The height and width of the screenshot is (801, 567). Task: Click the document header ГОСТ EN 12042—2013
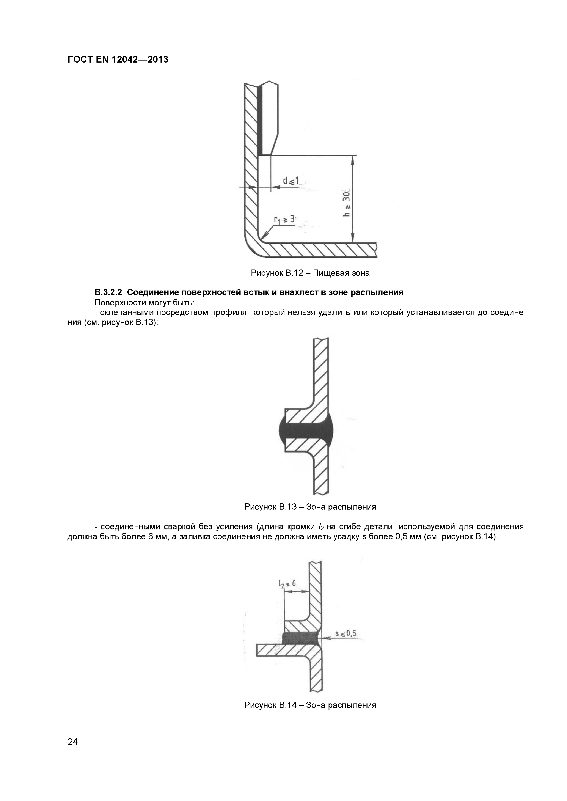118,60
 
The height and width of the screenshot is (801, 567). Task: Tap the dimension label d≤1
291,181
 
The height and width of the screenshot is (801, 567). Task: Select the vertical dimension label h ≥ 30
346,204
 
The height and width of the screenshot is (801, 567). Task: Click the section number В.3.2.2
109,292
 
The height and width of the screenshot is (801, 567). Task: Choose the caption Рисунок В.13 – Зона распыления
310,507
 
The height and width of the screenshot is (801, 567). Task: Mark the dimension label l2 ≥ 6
287,583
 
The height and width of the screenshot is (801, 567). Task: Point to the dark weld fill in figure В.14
300,638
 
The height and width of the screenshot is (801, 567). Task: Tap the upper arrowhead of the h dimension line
353,159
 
